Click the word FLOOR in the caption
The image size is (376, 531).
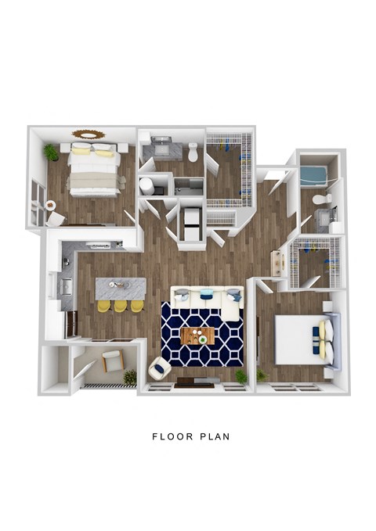pyautogui.click(x=172, y=436)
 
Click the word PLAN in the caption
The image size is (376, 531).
pyautogui.click(x=215, y=436)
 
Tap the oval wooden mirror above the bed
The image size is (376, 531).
pyautogui.click(x=88, y=134)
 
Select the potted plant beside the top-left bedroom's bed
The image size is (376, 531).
pyautogui.click(x=51, y=152)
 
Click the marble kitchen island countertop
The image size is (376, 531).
pyautogui.click(x=121, y=289)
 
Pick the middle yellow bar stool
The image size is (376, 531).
pyautogui.click(x=121, y=306)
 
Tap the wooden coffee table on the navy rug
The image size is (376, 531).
pyautogui.click(x=198, y=336)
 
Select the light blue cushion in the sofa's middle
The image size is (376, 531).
pyautogui.click(x=206, y=294)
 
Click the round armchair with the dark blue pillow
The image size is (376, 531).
pyautogui.click(x=159, y=368)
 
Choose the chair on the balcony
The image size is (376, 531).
pyautogui.click(x=113, y=361)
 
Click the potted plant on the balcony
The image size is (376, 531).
pyautogui.click(x=130, y=377)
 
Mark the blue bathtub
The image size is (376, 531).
pyautogui.click(x=313, y=175)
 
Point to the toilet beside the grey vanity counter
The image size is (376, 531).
pyautogui.click(x=193, y=152)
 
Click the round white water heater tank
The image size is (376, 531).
pyautogui.click(x=146, y=186)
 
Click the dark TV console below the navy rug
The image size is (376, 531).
pyautogui.click(x=195, y=382)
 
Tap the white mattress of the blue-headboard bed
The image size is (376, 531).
pyautogui.click(x=297, y=339)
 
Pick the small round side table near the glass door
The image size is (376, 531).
pyautogui.click(x=50, y=205)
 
